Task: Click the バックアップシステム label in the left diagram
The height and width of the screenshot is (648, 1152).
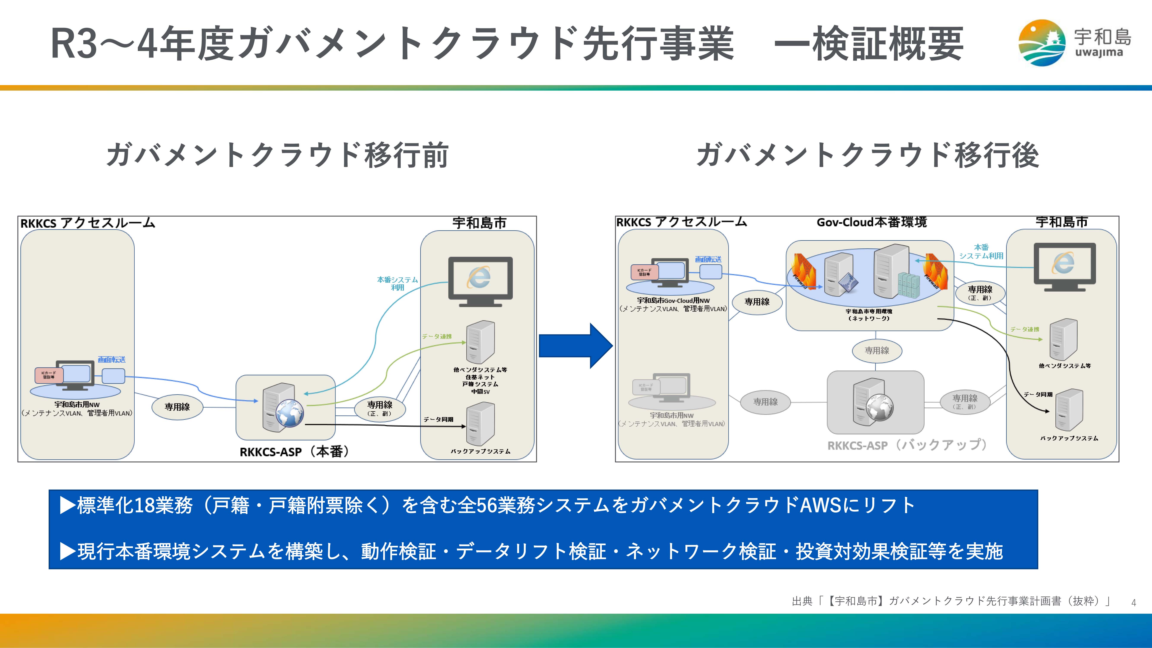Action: (480, 451)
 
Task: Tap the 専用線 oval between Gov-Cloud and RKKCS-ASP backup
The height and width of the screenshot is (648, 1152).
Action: (877, 351)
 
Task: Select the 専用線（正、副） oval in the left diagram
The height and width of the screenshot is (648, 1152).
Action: (380, 408)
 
